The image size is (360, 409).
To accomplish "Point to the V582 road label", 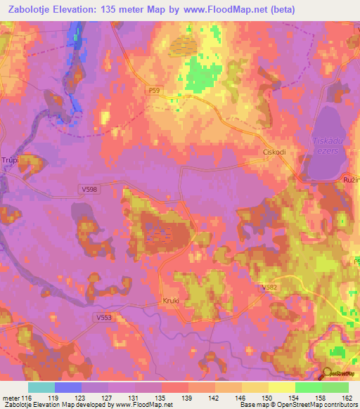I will click(x=269, y=288).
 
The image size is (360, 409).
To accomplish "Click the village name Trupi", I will click(x=10, y=160).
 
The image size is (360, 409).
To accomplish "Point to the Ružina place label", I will click(x=351, y=181).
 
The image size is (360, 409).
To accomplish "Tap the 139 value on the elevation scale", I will click(x=187, y=397).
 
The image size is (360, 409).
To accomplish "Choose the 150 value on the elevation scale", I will click(x=266, y=397).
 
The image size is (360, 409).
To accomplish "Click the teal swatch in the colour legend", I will click(x=41, y=387).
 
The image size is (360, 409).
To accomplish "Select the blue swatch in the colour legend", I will click(x=68, y=387).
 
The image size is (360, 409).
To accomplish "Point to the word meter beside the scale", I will click(x=11, y=397).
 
